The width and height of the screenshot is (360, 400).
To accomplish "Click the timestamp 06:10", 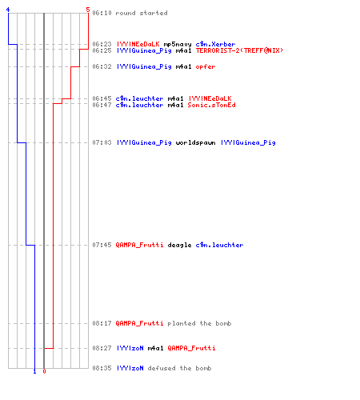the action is point(102,13).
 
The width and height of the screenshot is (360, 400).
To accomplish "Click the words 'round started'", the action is point(142,13).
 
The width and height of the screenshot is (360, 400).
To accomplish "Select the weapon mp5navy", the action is point(178,44).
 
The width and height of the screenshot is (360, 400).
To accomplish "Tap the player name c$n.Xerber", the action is point(215,44).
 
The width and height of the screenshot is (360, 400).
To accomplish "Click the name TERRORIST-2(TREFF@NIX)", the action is point(239,50).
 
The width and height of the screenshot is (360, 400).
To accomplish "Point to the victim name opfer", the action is point(206,66).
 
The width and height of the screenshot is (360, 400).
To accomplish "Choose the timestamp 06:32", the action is point(102,66).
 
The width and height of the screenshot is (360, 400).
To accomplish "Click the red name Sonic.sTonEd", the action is point(211,105).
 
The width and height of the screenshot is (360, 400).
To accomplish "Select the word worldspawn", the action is point(195,142).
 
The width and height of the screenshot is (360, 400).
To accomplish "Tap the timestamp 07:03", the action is point(102,142).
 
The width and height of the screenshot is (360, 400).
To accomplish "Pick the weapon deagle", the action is point(179,245).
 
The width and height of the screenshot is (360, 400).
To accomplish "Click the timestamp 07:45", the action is point(102,245).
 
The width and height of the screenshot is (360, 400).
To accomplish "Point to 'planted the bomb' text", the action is point(199,323).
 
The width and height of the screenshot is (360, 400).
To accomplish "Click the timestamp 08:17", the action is point(102,323).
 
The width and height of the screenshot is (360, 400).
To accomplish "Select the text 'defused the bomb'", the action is point(179,368).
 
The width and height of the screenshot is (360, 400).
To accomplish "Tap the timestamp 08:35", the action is point(102,368).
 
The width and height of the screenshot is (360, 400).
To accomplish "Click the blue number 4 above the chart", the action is point(8,10).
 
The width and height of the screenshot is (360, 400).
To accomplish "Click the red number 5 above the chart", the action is point(88,10).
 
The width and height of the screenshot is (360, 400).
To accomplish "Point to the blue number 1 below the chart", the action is point(34,371).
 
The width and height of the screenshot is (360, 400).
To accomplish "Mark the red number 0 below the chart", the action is point(44,371).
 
